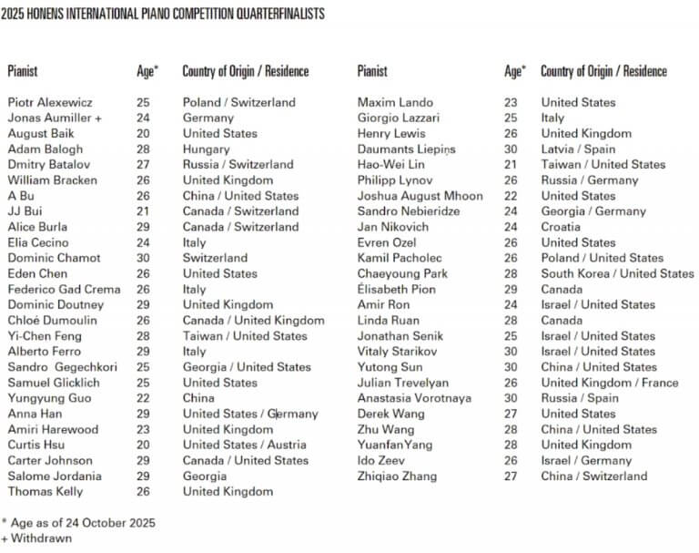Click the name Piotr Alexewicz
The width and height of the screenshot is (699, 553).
coord(50,102)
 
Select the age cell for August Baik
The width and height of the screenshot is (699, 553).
coord(143,133)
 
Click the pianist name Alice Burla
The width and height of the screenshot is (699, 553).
coord(38,227)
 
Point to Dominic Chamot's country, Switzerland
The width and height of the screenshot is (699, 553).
coord(215,258)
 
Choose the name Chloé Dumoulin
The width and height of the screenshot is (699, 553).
coord(51,321)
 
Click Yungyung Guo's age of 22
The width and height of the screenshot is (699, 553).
coord(143,398)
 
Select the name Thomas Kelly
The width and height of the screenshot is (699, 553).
coord(46,491)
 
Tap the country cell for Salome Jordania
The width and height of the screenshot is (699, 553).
coord(205,476)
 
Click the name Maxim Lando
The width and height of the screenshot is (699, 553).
coord(395,102)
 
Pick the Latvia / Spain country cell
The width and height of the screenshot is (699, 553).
coord(579,148)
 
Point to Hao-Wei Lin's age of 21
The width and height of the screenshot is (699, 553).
coord(511,164)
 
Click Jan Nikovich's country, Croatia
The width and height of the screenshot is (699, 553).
coord(561,227)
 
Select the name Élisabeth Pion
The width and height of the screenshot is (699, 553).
coord(396,289)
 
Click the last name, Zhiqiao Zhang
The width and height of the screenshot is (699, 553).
coord(397,476)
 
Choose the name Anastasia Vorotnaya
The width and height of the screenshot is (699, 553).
coord(414,398)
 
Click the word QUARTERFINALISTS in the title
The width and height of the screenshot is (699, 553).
coord(278,15)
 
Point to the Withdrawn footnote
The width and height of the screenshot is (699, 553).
coord(41,538)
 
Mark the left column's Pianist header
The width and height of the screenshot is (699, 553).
coord(23,70)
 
